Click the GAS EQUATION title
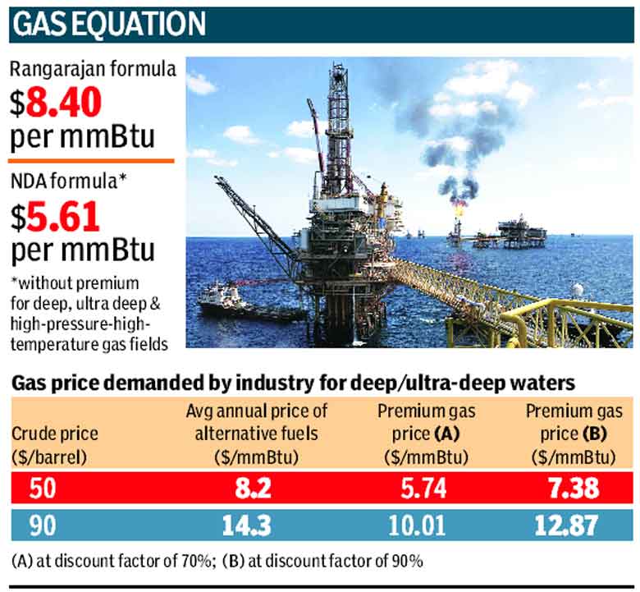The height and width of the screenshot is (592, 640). pyautogui.click(x=110, y=25)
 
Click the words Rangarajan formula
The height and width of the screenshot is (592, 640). pyautogui.click(x=93, y=70)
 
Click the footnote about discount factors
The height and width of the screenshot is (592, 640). pyautogui.click(x=217, y=562)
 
